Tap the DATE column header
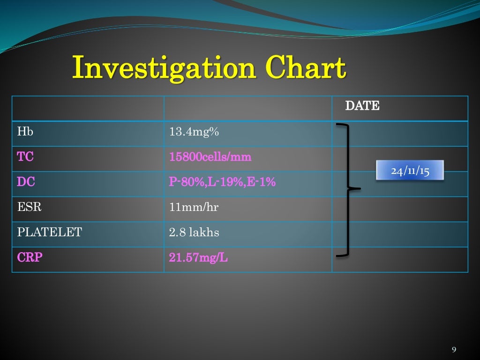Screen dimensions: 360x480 click(362, 106)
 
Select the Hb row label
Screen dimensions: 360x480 click(25, 132)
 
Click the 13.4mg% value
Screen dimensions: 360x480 click(194, 132)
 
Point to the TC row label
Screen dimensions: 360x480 click(25, 157)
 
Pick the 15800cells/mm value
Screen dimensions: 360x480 click(210, 157)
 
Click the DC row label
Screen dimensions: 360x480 click(25, 182)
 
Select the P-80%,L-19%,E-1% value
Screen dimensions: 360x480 click(222, 182)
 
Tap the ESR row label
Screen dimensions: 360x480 click(29, 207)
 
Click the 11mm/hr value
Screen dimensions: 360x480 click(194, 207)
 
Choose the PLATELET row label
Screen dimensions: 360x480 click(49, 232)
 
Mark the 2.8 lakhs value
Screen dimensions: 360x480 click(194, 232)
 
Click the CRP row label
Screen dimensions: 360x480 click(30, 257)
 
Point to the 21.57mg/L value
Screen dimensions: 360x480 click(198, 257)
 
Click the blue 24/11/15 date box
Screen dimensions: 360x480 click(410, 171)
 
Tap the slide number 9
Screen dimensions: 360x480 click(453, 350)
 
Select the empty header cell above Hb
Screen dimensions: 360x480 click(88, 108)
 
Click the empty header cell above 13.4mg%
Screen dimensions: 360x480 click(247, 108)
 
